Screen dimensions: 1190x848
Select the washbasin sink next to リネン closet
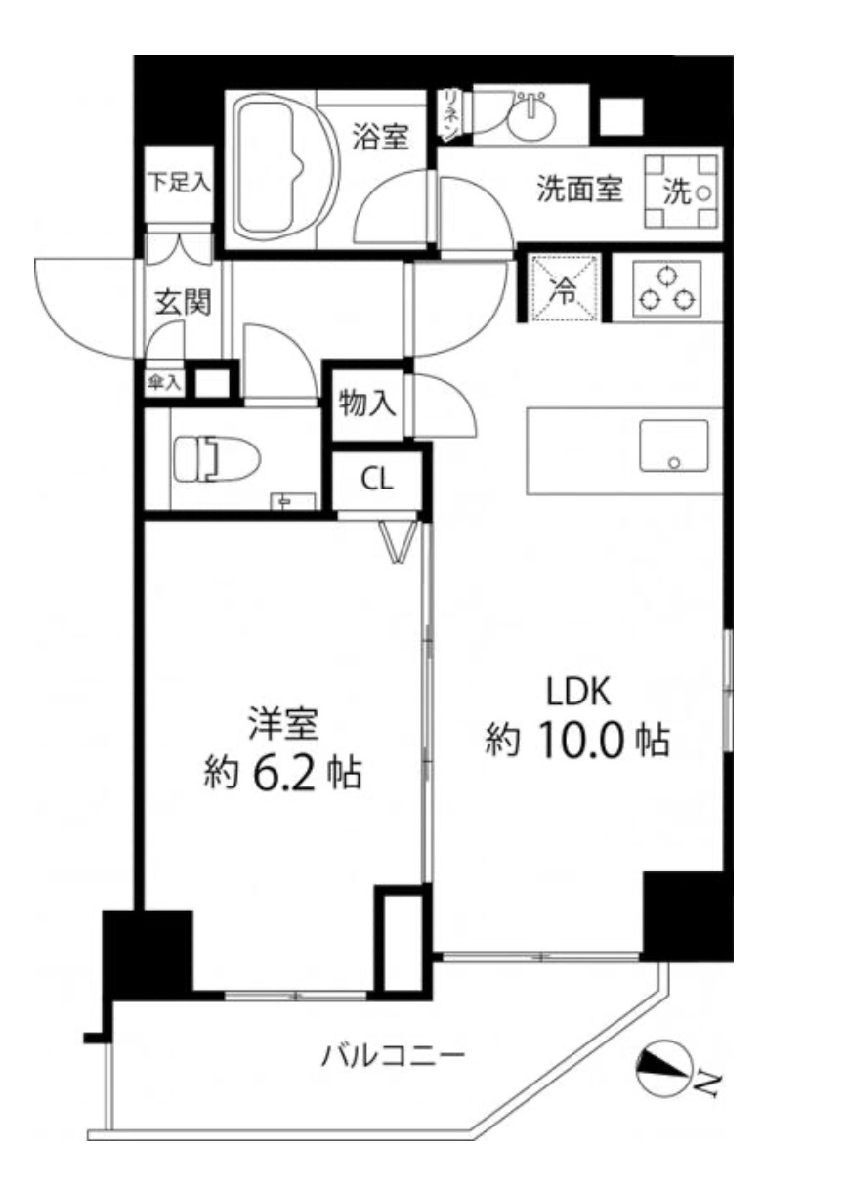pyautogui.click(x=533, y=114)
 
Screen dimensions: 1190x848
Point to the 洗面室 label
pyautogui.click(x=580, y=189)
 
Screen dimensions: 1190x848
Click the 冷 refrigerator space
pyautogui.click(x=565, y=288)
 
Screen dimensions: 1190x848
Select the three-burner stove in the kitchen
pyautogui.click(x=665, y=288)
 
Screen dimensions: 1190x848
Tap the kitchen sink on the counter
pyautogui.click(x=674, y=446)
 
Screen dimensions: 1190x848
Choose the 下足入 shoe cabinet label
pyautogui.click(x=179, y=184)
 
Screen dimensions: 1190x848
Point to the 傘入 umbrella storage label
pyautogui.click(x=163, y=381)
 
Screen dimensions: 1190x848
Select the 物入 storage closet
pyautogui.click(x=366, y=403)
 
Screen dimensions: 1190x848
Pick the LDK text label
pyautogui.click(x=577, y=692)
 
